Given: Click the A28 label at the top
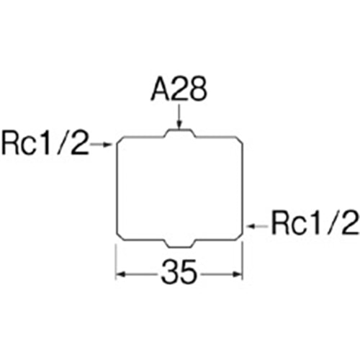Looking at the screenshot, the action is (179, 89).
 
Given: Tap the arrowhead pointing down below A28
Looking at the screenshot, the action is (179, 125).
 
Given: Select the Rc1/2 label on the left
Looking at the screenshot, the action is (45, 143).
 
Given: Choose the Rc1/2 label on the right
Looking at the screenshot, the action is (315, 222).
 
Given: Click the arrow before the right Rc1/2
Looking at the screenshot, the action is (257, 226).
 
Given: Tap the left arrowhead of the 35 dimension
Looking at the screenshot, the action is (121, 274).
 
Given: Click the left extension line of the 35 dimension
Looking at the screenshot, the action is (116, 262).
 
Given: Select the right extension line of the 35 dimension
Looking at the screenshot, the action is (243, 261).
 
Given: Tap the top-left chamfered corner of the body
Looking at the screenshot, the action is (120, 140).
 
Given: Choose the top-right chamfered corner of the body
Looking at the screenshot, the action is (240, 140).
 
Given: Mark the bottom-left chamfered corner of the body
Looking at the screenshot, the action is (120, 236).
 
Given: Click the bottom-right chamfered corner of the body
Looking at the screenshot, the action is (240, 236).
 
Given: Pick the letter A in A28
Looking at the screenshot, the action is (161, 89).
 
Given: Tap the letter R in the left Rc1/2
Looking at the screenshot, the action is (11, 143).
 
